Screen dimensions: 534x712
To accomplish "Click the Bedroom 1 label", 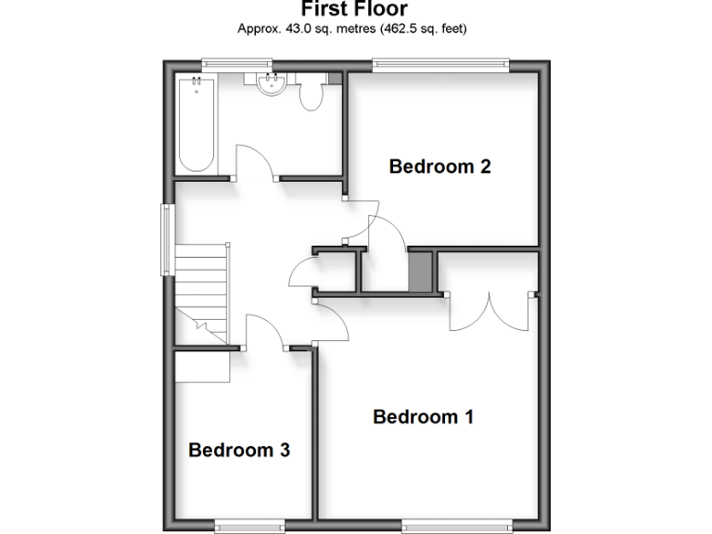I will tap(423, 417).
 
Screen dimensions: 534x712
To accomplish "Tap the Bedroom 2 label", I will tap(439, 167).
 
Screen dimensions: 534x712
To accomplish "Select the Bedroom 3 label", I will tap(239, 451).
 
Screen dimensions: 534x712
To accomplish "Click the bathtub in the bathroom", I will tap(197, 125).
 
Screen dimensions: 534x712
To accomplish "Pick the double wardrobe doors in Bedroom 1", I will tap(490, 311).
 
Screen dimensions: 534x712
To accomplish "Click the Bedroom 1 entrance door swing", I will tap(332, 320).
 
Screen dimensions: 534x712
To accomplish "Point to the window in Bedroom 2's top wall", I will tap(440, 63).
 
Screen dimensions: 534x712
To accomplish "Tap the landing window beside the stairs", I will tap(168, 239).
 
